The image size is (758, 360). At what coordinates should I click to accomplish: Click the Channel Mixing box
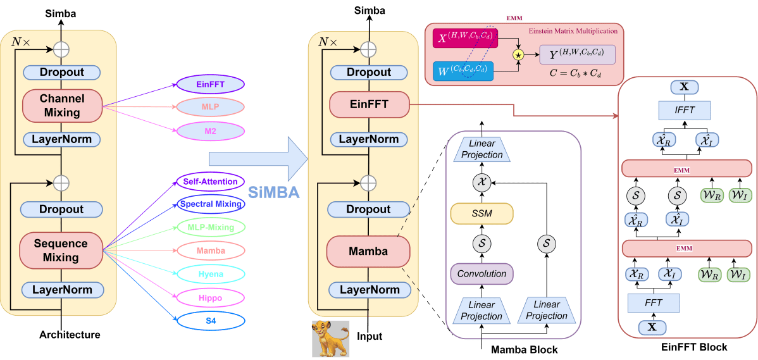(61, 106)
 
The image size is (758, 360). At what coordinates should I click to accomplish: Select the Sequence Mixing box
(61, 251)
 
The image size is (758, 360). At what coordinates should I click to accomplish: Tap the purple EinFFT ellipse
(211, 84)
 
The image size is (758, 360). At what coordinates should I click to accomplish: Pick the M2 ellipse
(211, 131)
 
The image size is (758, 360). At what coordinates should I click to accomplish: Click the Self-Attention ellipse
(211, 182)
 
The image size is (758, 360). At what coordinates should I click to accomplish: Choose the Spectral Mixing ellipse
(211, 204)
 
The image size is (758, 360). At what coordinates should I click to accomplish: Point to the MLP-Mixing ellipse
(211, 227)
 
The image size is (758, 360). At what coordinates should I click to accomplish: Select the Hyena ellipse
(211, 274)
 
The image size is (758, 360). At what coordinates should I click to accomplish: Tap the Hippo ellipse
(211, 297)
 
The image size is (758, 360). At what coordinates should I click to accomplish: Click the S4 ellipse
(211, 320)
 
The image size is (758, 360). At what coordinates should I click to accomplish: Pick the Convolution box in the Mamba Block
(482, 274)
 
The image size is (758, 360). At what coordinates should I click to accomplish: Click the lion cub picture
(330, 338)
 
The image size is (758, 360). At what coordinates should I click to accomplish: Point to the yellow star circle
(518, 55)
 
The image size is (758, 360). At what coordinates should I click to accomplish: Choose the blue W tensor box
(463, 71)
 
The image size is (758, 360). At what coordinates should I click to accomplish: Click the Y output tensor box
(577, 54)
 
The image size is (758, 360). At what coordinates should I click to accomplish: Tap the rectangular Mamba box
(368, 252)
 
